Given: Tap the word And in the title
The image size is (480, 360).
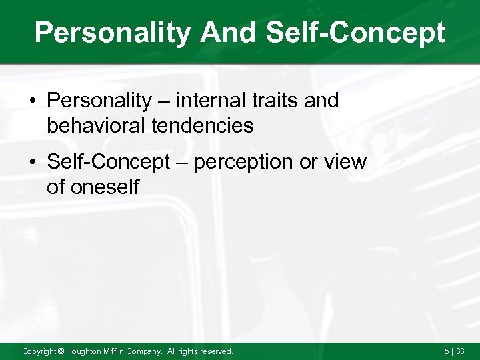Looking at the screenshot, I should tap(231, 33).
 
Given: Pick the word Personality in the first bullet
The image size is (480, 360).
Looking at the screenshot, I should tap(99, 101).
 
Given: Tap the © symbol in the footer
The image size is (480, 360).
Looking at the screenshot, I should tap(61, 351).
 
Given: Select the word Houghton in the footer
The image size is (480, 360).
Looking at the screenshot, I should tap(86, 351).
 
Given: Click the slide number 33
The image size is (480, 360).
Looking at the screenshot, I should tap(460, 351).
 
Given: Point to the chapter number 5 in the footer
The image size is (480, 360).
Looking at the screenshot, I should tap(447, 351).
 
